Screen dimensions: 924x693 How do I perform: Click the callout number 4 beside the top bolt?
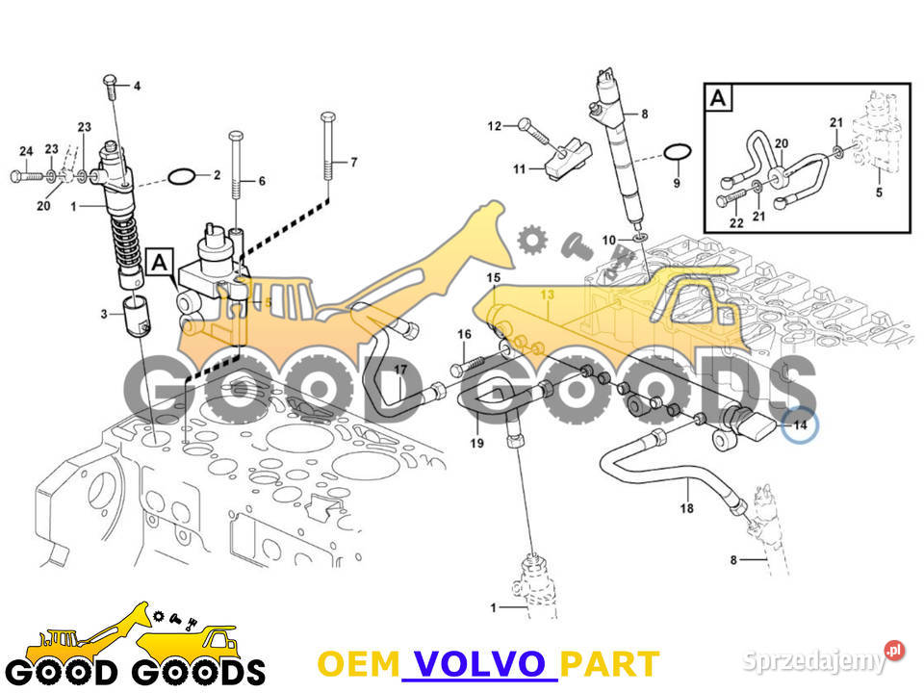pos(137,86)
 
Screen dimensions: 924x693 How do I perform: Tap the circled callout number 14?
pos(800,424)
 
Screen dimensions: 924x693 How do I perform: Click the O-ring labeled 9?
pos(677,152)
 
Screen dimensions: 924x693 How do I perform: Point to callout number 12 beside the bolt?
pos(495,125)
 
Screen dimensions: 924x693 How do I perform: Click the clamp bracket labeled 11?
pos(567,159)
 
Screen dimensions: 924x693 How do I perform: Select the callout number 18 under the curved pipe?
pos(686,508)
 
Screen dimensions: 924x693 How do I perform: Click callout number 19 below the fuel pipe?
pos(476,443)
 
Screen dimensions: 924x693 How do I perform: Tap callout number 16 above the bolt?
pos(464,334)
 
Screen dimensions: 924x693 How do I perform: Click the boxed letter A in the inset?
pos(718,97)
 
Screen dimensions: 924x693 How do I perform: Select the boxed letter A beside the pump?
pos(159,262)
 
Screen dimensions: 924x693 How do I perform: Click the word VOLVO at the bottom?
pos(479,663)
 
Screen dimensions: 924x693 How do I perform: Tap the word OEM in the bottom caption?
pos(359,663)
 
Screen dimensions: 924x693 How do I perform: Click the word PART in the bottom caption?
pos(608,663)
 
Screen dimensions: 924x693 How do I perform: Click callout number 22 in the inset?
pos(736,222)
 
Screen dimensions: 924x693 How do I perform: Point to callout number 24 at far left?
pos(26,151)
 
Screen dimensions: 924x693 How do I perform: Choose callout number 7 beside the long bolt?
pos(353,162)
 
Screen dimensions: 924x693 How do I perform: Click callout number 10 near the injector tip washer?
pos(608,240)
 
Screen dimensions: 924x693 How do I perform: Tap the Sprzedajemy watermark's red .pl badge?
pos(894,650)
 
